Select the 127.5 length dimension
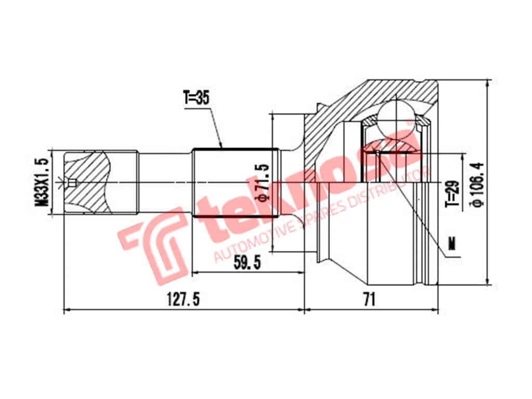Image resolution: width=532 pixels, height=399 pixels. [183, 299]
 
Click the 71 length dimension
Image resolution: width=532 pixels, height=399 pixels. [369, 299]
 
